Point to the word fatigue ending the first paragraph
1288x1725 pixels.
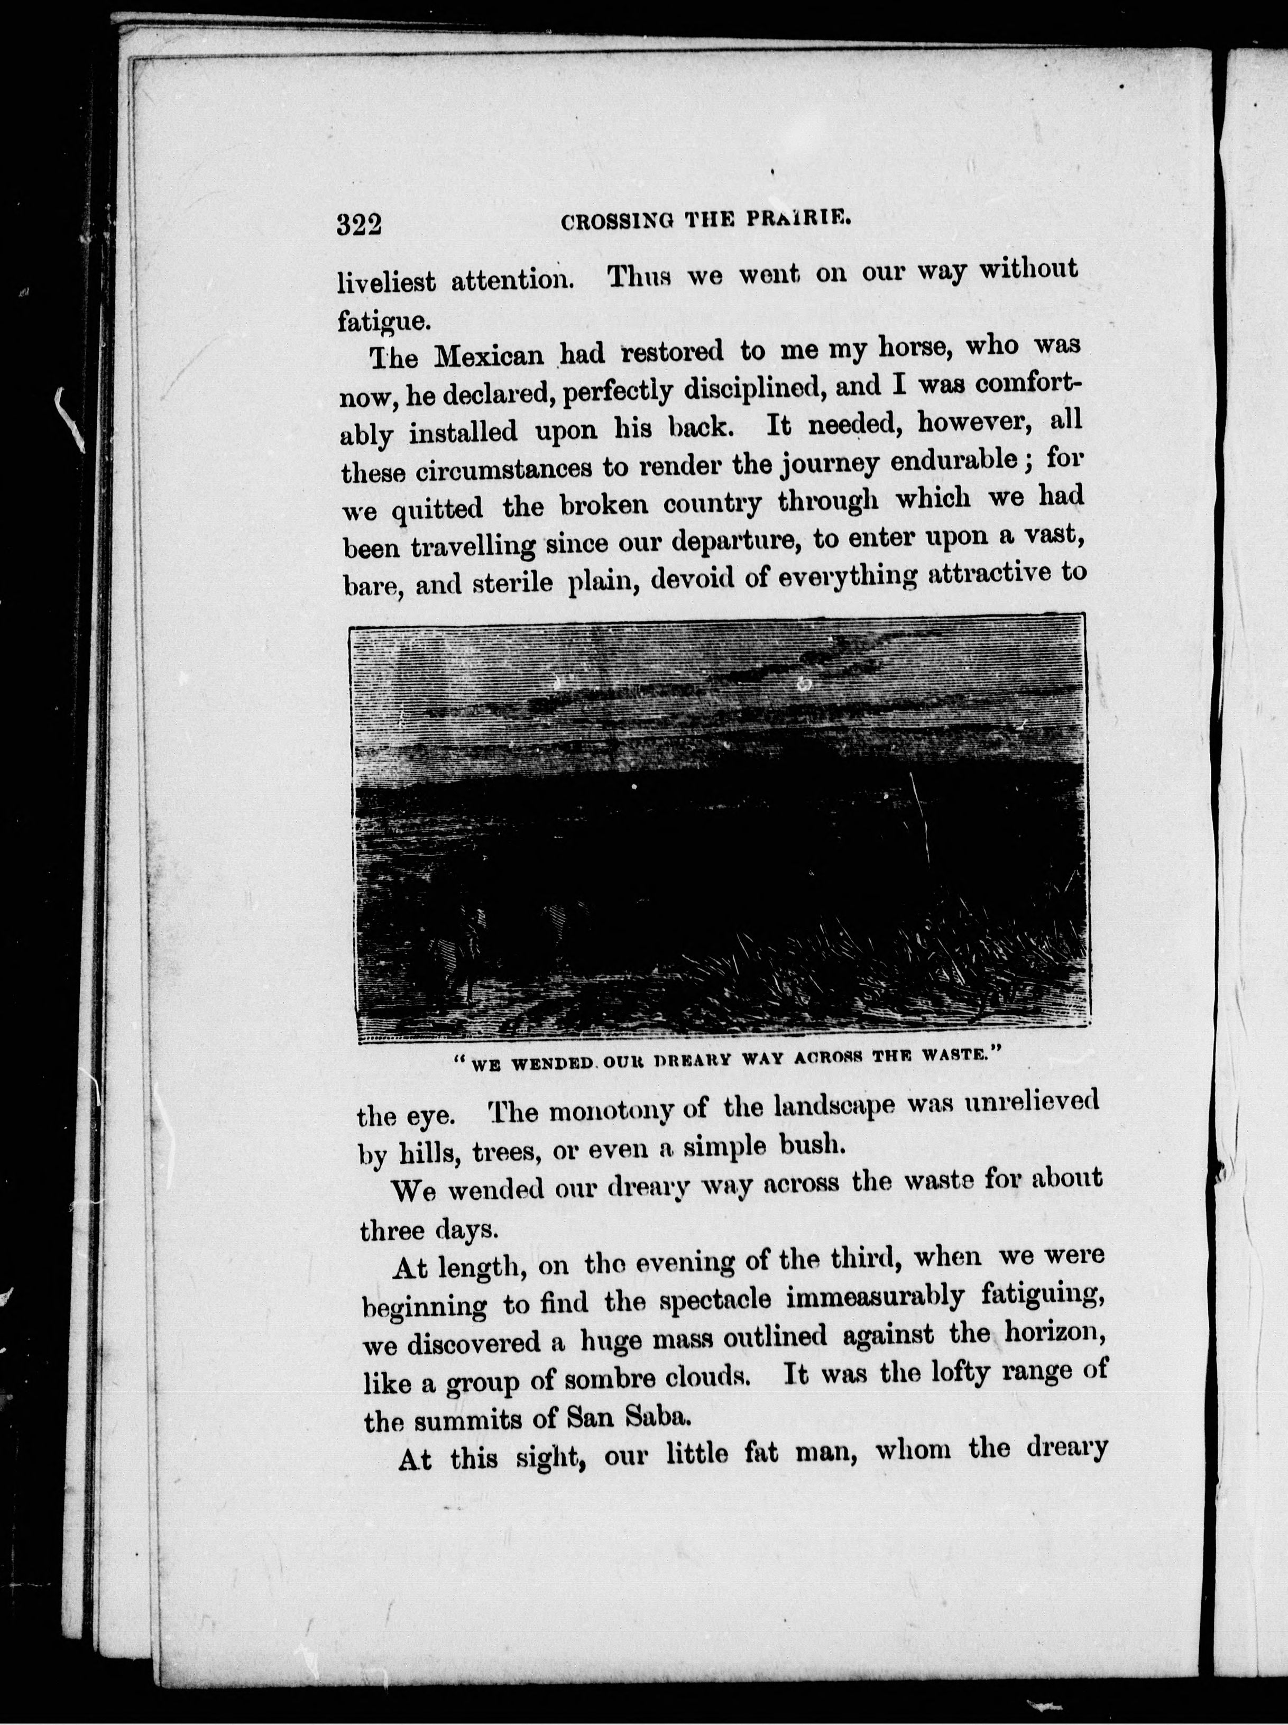(381, 320)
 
